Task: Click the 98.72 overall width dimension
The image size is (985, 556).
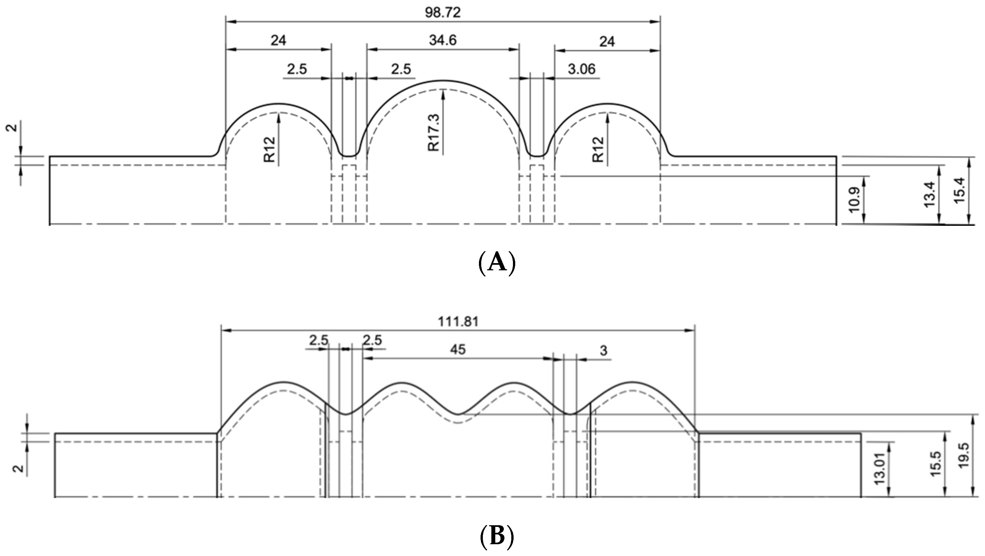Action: pos(442,13)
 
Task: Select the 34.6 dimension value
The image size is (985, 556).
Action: pos(442,40)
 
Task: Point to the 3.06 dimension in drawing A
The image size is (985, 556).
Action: pos(581,69)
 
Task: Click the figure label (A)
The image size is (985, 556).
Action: pos(496,262)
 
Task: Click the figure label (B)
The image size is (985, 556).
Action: pos(496,536)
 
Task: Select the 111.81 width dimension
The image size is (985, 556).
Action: pos(458,322)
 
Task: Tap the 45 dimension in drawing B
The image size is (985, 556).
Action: pos(458,350)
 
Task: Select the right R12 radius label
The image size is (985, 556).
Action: pos(598,150)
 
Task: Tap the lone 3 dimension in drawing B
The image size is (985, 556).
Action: pos(603,350)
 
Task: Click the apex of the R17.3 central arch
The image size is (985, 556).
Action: pos(443,81)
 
